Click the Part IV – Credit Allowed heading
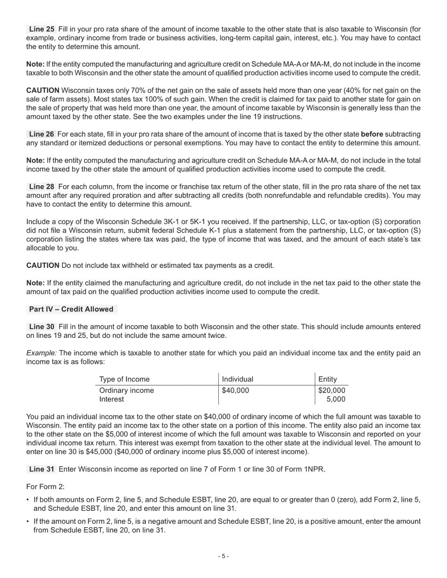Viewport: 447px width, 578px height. click(x=71, y=309)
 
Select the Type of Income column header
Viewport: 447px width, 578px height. click(x=124, y=379)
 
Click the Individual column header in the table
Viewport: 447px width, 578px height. click(x=238, y=379)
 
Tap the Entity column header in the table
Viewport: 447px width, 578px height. click(x=327, y=379)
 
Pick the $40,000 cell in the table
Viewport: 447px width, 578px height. click(x=235, y=391)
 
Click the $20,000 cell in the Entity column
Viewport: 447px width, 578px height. click(x=332, y=391)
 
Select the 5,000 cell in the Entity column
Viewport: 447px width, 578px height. click(x=336, y=399)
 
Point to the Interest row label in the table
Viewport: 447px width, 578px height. click(x=112, y=399)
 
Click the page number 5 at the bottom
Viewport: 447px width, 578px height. click(x=223, y=556)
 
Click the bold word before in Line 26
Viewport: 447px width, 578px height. click(x=372, y=134)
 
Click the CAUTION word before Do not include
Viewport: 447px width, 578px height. click(x=43, y=266)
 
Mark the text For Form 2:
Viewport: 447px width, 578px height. click(x=45, y=487)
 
